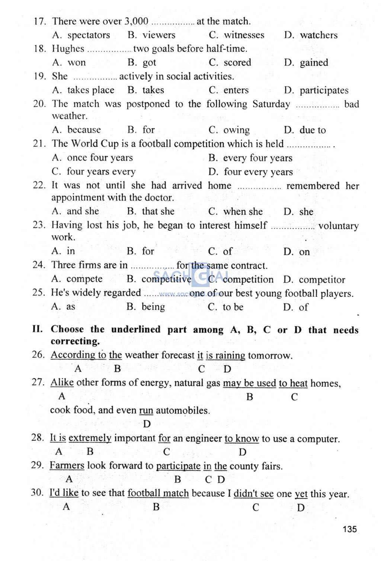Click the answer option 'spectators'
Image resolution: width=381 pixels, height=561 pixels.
pyautogui.click(x=89, y=35)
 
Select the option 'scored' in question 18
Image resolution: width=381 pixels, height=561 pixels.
pyautogui.click(x=237, y=62)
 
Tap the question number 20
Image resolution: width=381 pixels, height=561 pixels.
pyautogui.click(x=39, y=104)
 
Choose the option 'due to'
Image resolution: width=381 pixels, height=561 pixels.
pyautogui.click(x=313, y=130)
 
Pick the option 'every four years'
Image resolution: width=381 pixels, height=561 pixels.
pyautogui.click(x=257, y=158)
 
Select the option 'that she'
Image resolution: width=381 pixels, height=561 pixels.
pyautogui.click(x=158, y=212)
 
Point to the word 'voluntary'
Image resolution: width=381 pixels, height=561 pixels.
pyautogui.click(x=338, y=226)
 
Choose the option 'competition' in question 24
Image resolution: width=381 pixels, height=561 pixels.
pyautogui.click(x=248, y=279)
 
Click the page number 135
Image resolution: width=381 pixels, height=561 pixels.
pyautogui.click(x=350, y=529)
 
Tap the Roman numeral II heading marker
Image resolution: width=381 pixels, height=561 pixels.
pyautogui.click(x=37, y=329)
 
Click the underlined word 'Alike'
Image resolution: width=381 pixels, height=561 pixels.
pyautogui.click(x=62, y=383)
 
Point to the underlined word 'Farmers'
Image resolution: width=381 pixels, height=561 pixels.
pyautogui.click(x=67, y=465)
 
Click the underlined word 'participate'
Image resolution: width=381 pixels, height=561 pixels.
pyautogui.click(x=178, y=466)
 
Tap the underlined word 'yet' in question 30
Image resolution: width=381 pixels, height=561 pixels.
pyautogui.click(x=301, y=494)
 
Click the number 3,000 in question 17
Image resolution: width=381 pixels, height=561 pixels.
pyautogui.click(x=136, y=21)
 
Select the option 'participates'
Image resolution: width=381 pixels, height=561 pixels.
pyautogui.click(x=324, y=90)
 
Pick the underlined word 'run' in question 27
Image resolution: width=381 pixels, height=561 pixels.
pyautogui.click(x=146, y=410)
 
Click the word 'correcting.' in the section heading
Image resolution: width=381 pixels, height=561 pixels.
pyautogui.click(x=75, y=341)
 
